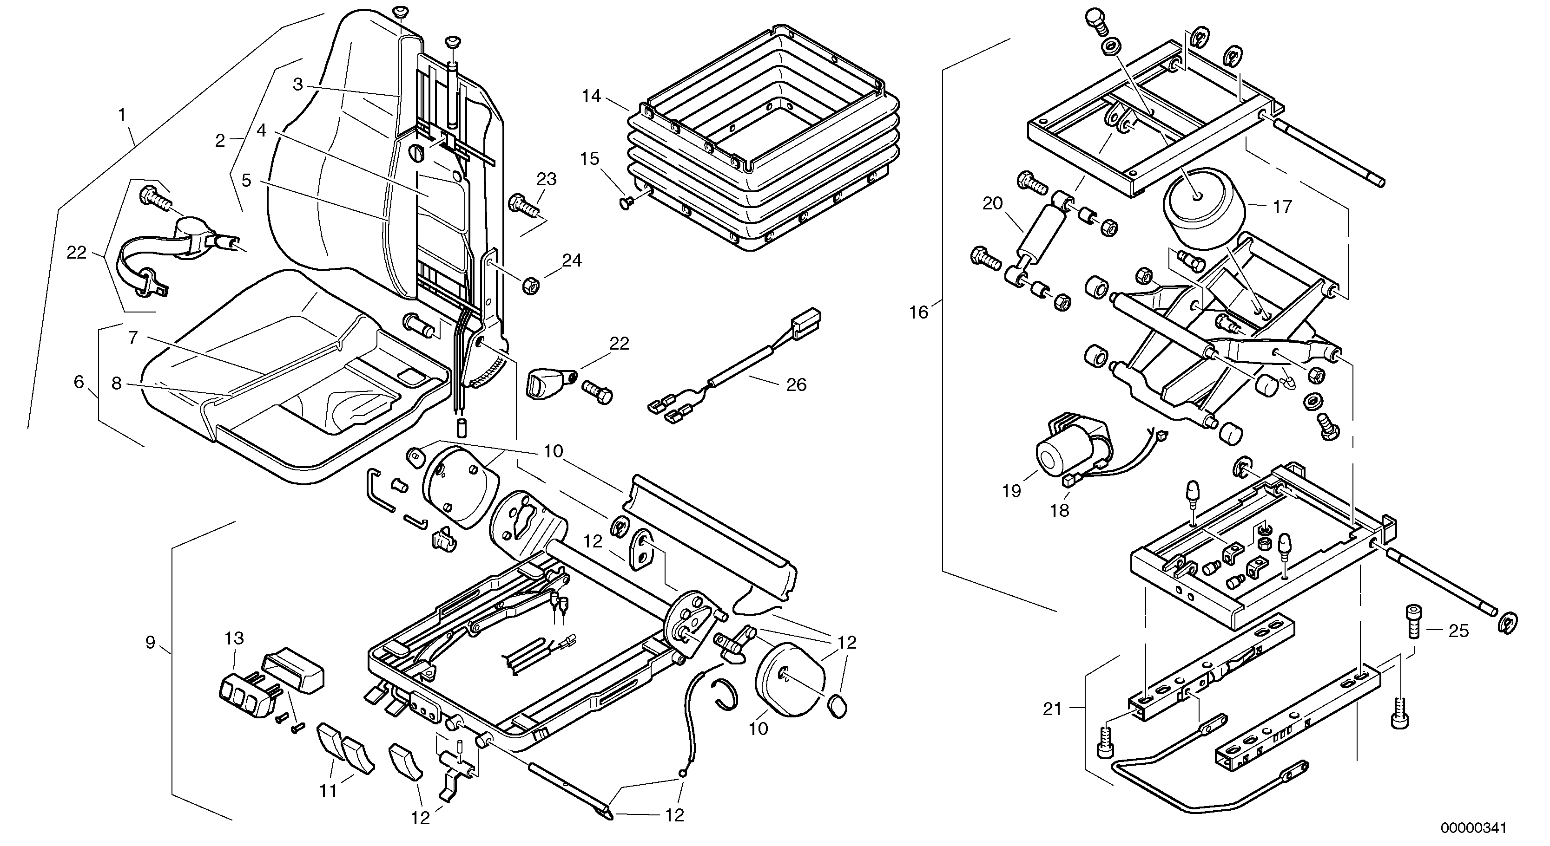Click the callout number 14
(592, 96)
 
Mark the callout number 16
(918, 312)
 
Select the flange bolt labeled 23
(522, 204)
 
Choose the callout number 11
(328, 790)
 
